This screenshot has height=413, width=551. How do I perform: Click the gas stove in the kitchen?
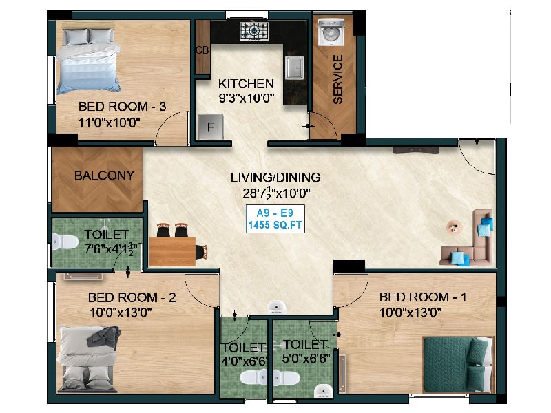pyautogui.click(x=254, y=31)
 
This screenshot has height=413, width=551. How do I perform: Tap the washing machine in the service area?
pyautogui.click(x=331, y=32)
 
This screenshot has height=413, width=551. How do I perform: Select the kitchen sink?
pyautogui.click(x=295, y=67)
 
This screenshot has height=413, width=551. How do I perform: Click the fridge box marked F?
pyautogui.click(x=211, y=127)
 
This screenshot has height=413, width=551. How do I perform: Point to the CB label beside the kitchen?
pyautogui.click(x=202, y=50)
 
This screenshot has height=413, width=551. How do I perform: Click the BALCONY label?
pyautogui.click(x=105, y=176)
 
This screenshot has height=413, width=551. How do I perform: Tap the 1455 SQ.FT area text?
pyautogui.click(x=275, y=225)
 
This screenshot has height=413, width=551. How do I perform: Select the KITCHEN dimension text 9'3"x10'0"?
pyautogui.click(x=247, y=98)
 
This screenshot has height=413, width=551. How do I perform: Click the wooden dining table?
pyautogui.click(x=172, y=251)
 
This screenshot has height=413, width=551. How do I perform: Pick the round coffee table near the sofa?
pyautogui.click(x=455, y=227)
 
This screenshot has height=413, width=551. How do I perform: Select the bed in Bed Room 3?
pyautogui.click(x=89, y=60)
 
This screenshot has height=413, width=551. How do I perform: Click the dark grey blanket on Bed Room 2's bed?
pyautogui.click(x=104, y=338)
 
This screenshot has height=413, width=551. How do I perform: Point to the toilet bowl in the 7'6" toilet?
pyautogui.click(x=65, y=242)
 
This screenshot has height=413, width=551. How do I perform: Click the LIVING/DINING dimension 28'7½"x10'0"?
pyautogui.click(x=277, y=193)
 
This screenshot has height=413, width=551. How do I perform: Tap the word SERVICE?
pyautogui.click(x=337, y=79)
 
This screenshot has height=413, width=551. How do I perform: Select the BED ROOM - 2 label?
pyautogui.click(x=132, y=297)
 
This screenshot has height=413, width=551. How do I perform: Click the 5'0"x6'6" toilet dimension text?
pyautogui.click(x=306, y=359)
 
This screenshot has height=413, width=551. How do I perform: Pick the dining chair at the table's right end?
pyautogui.click(x=202, y=252)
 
